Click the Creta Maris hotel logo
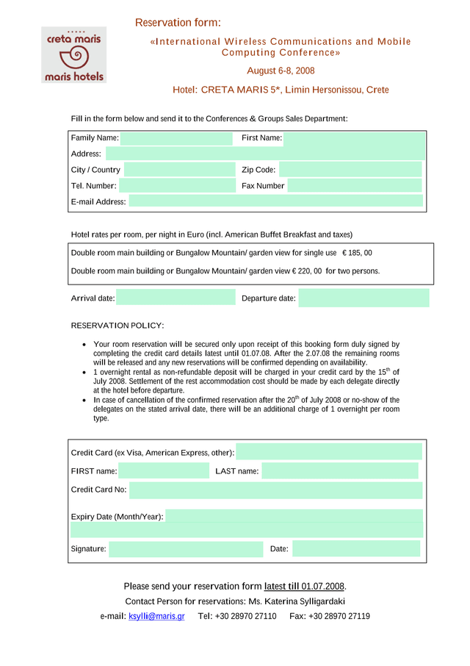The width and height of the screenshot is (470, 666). (73, 55)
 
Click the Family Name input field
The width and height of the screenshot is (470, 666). (176, 138)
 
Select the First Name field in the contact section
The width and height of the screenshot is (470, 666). (354, 138)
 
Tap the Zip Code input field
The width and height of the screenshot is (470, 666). (350, 170)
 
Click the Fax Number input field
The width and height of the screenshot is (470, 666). (355, 186)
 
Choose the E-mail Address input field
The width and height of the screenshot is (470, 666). (275, 201)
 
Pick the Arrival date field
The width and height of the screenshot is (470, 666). (176, 298)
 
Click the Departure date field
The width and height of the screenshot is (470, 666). (364, 298)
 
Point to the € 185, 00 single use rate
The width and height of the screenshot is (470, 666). (357, 253)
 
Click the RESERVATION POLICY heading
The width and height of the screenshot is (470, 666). (117, 325)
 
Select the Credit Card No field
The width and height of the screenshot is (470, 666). (275, 490)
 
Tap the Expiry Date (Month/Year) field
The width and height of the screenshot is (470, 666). (294, 516)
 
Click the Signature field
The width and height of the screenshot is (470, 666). (186, 548)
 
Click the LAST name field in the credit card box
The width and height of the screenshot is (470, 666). (339, 471)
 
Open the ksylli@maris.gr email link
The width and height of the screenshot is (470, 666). (156, 616)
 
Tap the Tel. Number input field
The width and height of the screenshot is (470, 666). (176, 186)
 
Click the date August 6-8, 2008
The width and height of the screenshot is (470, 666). (281, 71)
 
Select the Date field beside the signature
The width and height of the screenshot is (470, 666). (355, 548)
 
